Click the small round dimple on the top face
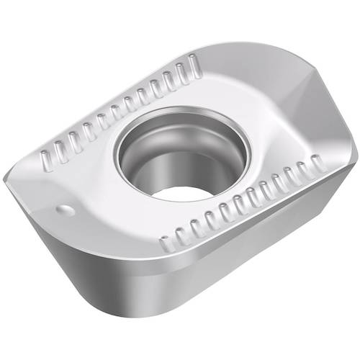pyautogui.click(x=66, y=210)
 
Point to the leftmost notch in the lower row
pyautogui.click(x=165, y=243)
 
